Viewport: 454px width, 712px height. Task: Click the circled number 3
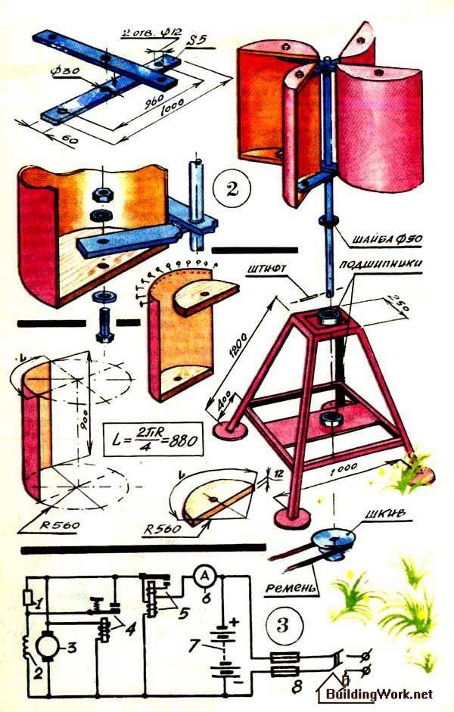[283, 624]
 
